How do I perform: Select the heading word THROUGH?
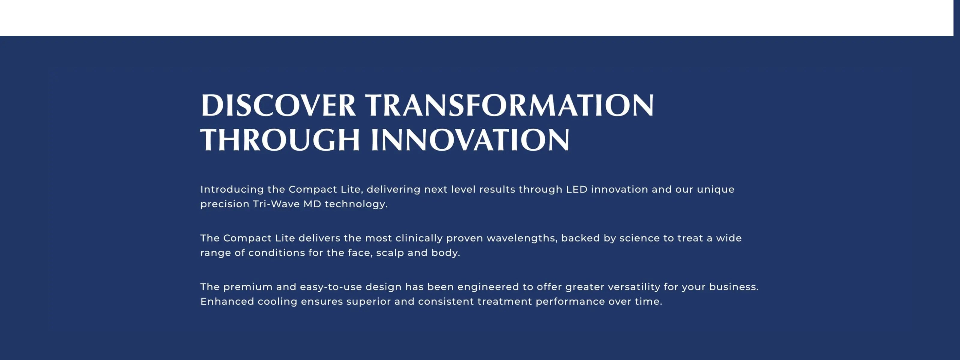tap(280, 140)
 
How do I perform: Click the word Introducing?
tap(232, 190)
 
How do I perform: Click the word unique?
tap(715, 190)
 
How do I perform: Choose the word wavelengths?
tap(522, 238)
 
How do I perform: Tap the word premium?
tap(248, 287)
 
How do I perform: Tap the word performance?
tap(570, 302)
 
